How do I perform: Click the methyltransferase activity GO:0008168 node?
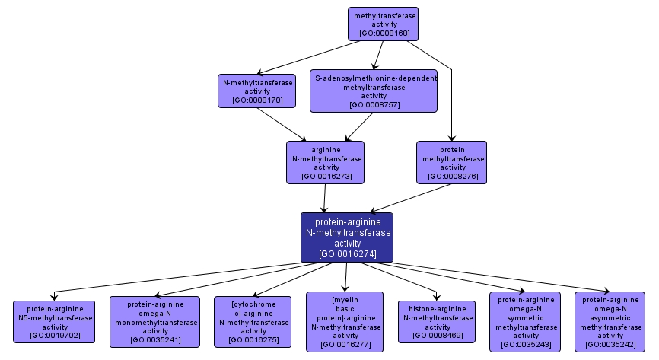pyautogui.click(x=384, y=24)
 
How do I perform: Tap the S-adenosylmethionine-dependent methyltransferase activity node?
pyautogui.click(x=374, y=91)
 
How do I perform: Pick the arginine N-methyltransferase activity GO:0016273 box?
pyautogui.click(x=326, y=162)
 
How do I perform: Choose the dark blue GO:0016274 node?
pyautogui.click(x=347, y=237)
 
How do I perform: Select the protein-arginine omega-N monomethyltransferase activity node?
pyautogui.click(x=155, y=322)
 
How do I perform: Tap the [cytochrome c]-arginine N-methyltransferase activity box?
pyautogui.click(x=253, y=322)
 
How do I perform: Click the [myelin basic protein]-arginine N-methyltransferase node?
pyautogui.click(x=345, y=322)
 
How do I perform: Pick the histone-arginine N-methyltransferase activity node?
pyautogui.click(x=438, y=322)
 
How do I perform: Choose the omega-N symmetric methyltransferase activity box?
pyautogui.click(x=525, y=322)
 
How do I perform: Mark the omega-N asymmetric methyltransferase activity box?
pyautogui.click(x=610, y=322)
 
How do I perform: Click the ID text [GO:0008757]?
pyautogui.click(x=373, y=104)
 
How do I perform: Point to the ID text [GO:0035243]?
pyautogui.click(x=525, y=344)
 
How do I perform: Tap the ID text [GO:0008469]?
pyautogui.click(x=438, y=335)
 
